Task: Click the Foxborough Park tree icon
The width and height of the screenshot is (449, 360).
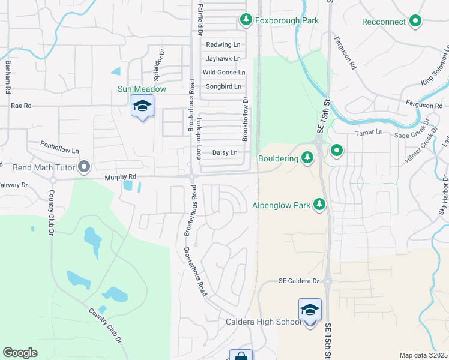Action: [246, 20]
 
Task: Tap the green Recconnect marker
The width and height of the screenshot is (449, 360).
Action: [415, 22]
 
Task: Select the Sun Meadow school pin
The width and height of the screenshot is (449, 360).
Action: [142, 106]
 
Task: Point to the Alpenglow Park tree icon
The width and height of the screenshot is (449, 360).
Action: [319, 205]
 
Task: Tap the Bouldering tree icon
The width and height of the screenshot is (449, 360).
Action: [307, 158]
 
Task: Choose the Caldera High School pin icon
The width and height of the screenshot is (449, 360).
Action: [310, 310]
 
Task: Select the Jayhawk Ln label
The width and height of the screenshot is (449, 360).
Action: [223, 59]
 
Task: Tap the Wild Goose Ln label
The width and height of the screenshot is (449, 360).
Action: [223, 73]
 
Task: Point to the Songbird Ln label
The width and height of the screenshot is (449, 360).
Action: [223, 86]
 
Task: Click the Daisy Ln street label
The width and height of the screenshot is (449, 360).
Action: [224, 153]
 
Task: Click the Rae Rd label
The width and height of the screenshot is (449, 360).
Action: [20, 105]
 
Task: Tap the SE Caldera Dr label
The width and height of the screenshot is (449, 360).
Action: [298, 281]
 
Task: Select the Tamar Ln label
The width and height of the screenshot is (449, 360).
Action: [369, 132]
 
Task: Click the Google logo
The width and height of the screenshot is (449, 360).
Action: [20, 353]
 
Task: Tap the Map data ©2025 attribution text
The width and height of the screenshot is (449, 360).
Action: [423, 355]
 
